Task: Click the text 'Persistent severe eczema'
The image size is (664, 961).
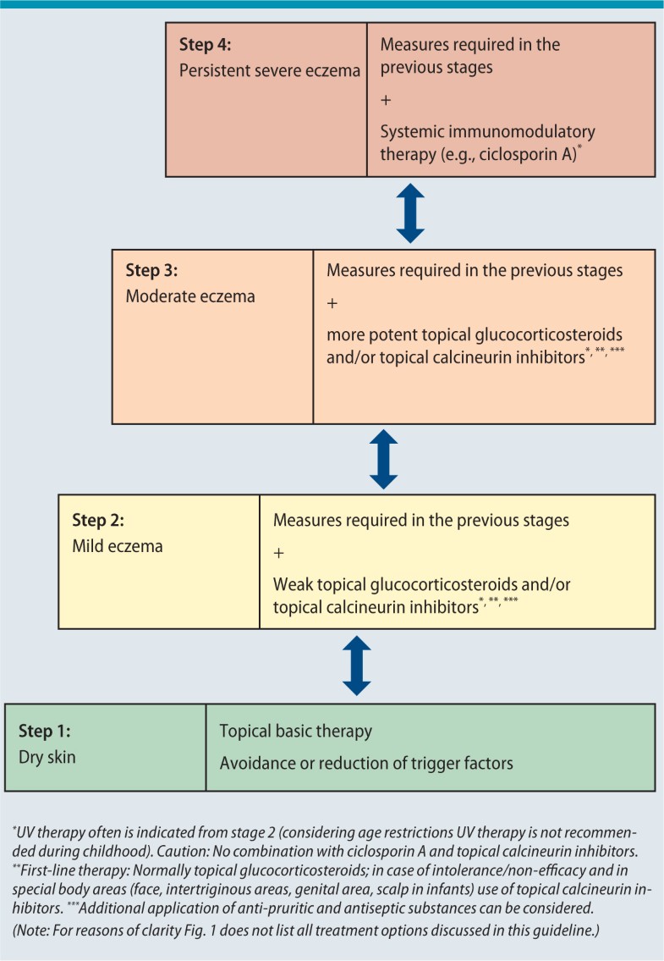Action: [x=269, y=70]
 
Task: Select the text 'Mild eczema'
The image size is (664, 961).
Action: [x=118, y=546]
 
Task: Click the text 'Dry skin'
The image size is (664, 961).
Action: [x=47, y=756]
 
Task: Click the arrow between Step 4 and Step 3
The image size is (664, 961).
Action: [x=410, y=213]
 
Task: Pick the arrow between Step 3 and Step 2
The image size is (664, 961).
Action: [x=383, y=459]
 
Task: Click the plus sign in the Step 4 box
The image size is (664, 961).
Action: [x=387, y=100]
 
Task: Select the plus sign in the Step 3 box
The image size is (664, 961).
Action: [x=332, y=302]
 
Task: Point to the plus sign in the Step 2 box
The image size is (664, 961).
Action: [x=279, y=552]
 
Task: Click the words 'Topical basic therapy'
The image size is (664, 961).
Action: [x=295, y=731]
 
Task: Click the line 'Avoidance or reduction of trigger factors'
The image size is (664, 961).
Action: [x=366, y=763]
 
